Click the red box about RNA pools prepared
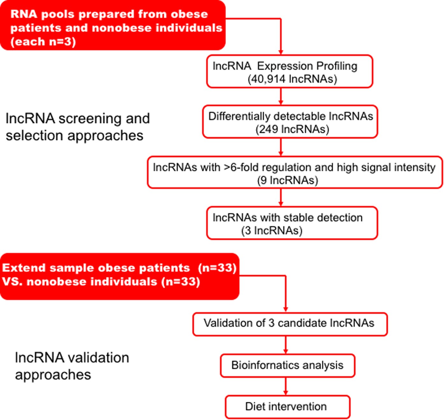pyautogui.click(x=113, y=25)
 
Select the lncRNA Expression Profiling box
pyautogui.click(x=289, y=72)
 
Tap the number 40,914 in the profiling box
pyautogui.click(x=268, y=79)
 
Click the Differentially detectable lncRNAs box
pyautogui.click(x=290, y=122)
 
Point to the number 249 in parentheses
pyautogui.click(x=269, y=129)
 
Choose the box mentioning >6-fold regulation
pyautogui.click(x=294, y=173)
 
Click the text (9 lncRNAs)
pyautogui.click(x=287, y=180)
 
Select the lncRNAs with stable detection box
pyautogui.click(x=292, y=223)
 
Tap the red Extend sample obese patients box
pyautogui.click(x=119, y=276)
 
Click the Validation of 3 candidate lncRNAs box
pyautogui.click(x=290, y=324)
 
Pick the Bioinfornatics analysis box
pyautogui.click(x=287, y=365)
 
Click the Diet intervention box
pyautogui.click(x=287, y=407)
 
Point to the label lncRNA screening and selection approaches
pyautogui.click(x=78, y=127)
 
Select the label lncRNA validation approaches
pyautogui.click(x=72, y=366)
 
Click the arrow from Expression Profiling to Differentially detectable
pyautogui.click(x=281, y=96)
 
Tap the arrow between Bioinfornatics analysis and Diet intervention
pyautogui.click(x=285, y=386)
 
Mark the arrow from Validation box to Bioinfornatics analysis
pyautogui.click(x=285, y=345)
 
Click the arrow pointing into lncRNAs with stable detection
pyautogui.click(x=281, y=197)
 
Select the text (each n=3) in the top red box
pyautogui.click(x=43, y=42)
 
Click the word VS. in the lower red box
pyautogui.click(x=12, y=282)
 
